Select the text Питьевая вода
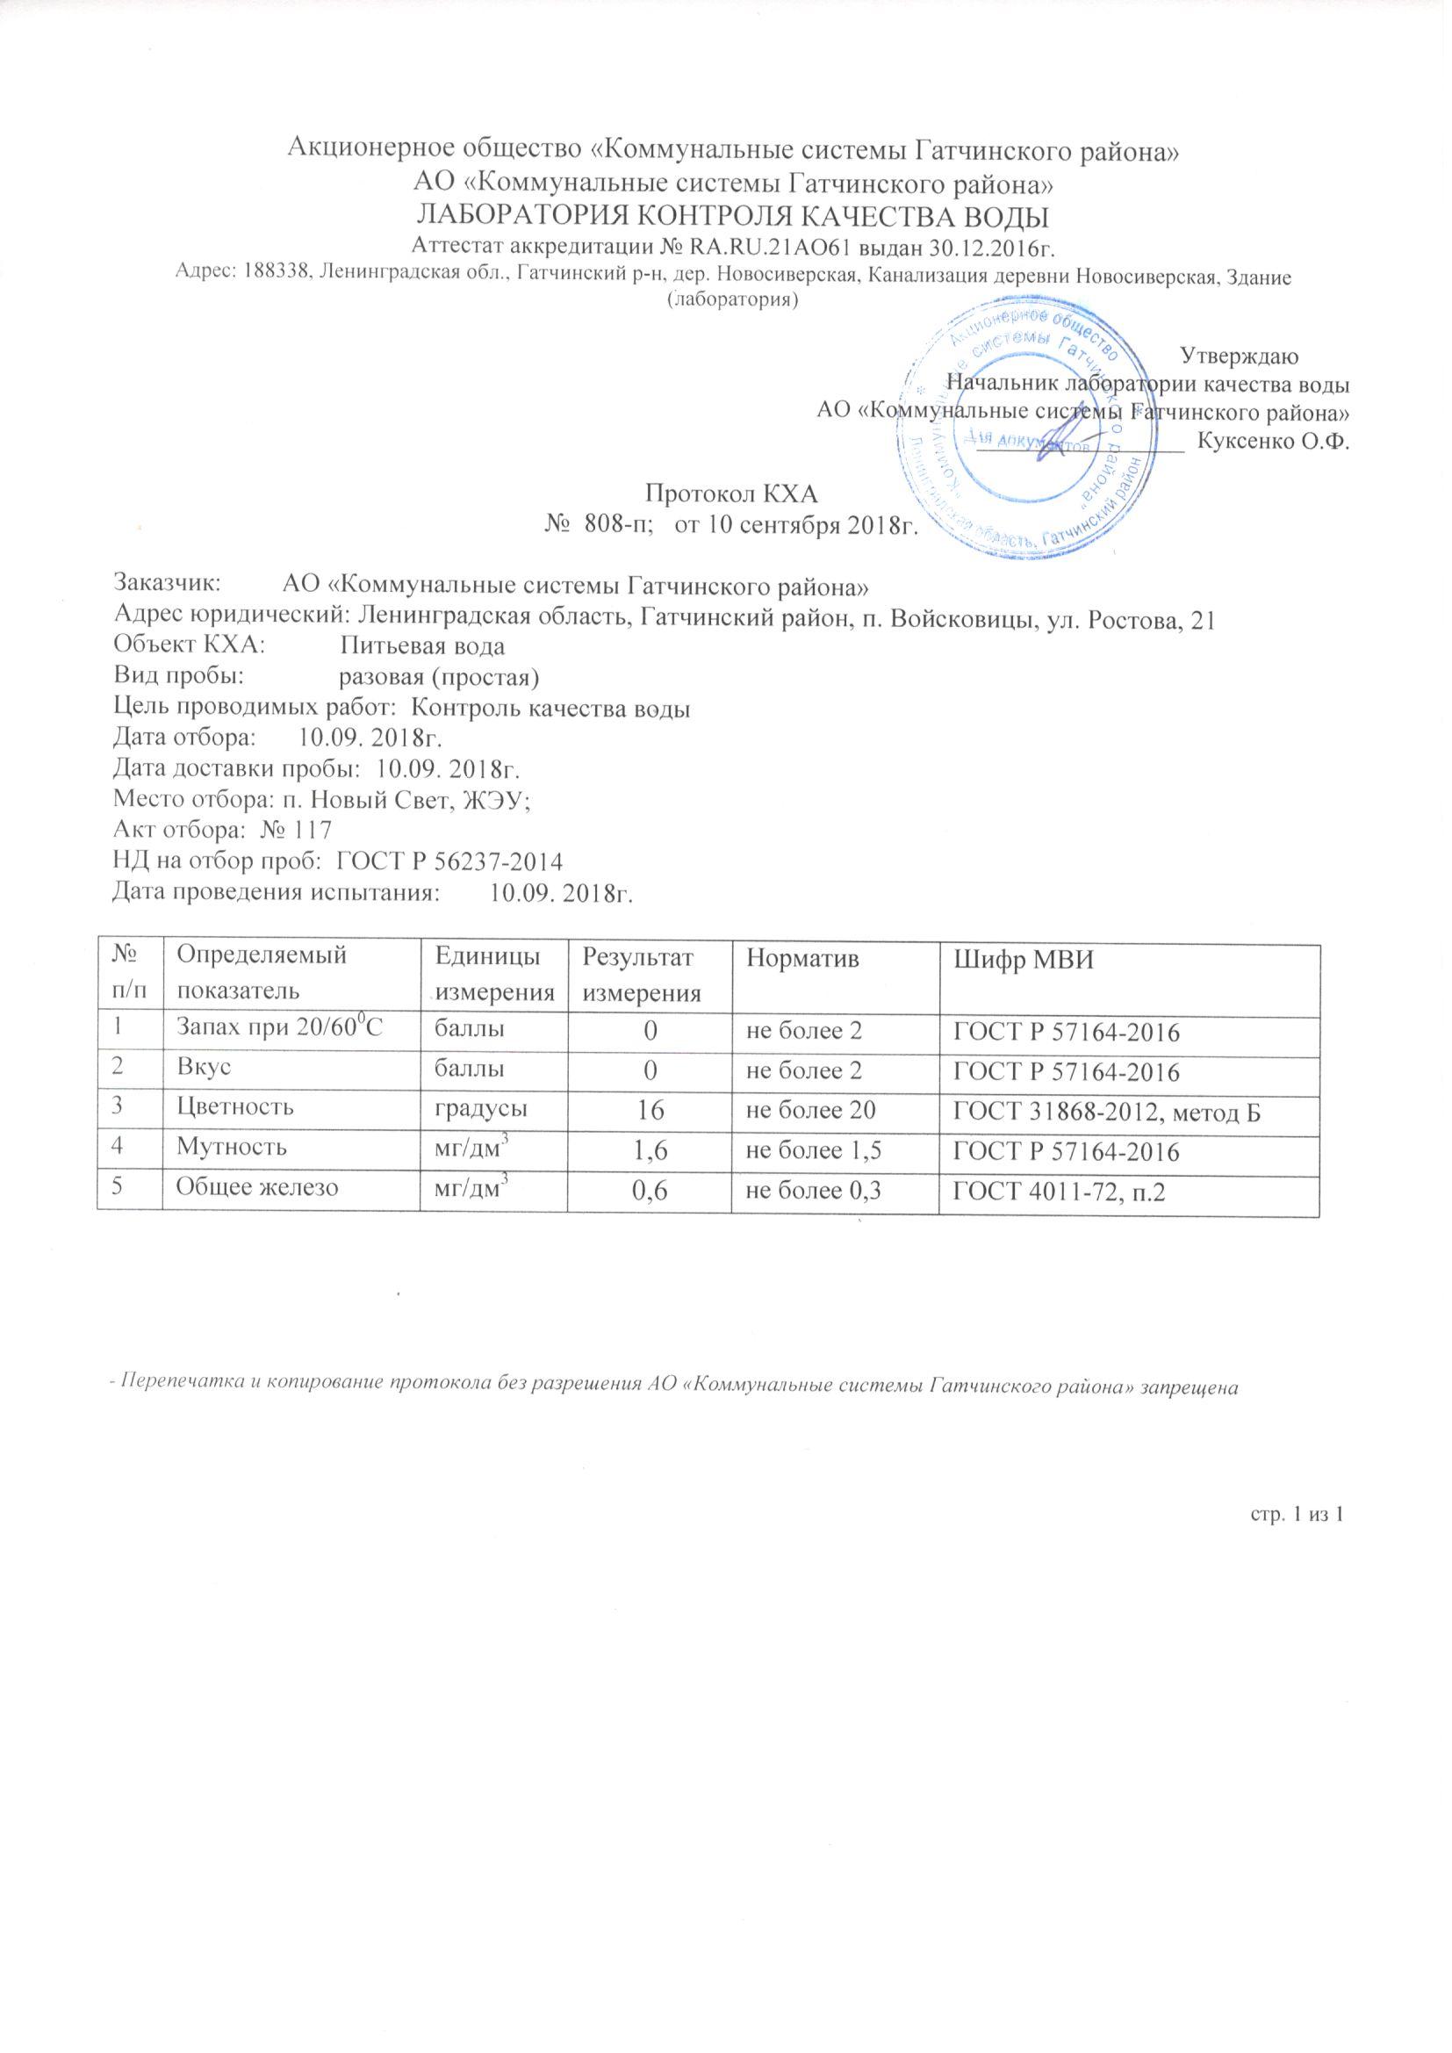[423, 645]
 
